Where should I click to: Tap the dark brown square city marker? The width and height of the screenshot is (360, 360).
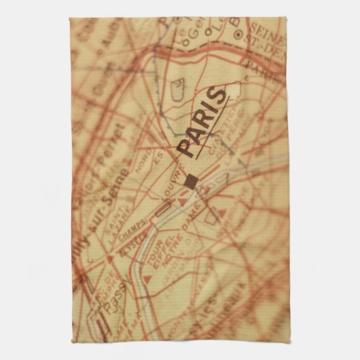[192, 180]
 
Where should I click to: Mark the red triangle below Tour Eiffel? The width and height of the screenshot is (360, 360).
[149, 278]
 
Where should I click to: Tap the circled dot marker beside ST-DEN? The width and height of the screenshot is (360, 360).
[238, 33]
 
